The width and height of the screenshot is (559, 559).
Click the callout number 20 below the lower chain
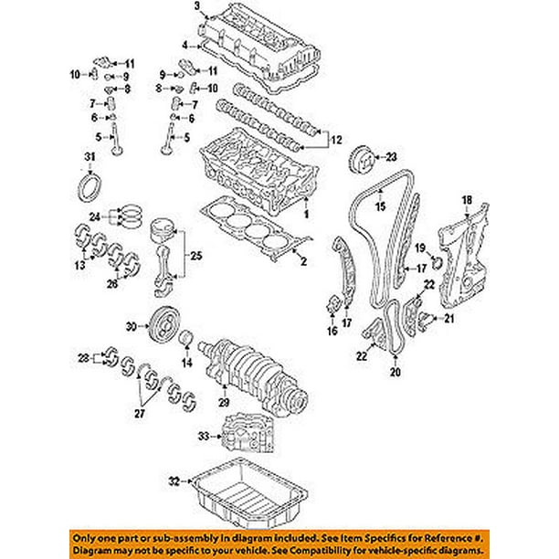[x=394, y=373]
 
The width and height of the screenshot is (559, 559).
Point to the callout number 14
[x=189, y=363]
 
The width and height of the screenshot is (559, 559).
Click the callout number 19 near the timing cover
[x=423, y=248]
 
